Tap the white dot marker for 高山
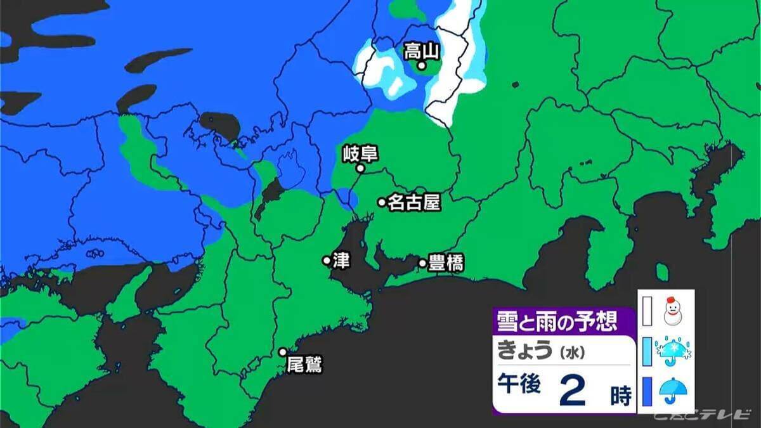tap(420, 65)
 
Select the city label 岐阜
tap(360, 154)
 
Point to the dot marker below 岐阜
tap(360, 169)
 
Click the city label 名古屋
tap(414, 202)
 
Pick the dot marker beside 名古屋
tap(382, 202)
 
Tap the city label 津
tap(341, 260)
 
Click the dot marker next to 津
tap(327, 260)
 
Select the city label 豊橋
tap(446, 263)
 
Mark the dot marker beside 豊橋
tap(422, 263)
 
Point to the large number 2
tap(573, 391)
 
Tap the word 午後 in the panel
tap(519, 385)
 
